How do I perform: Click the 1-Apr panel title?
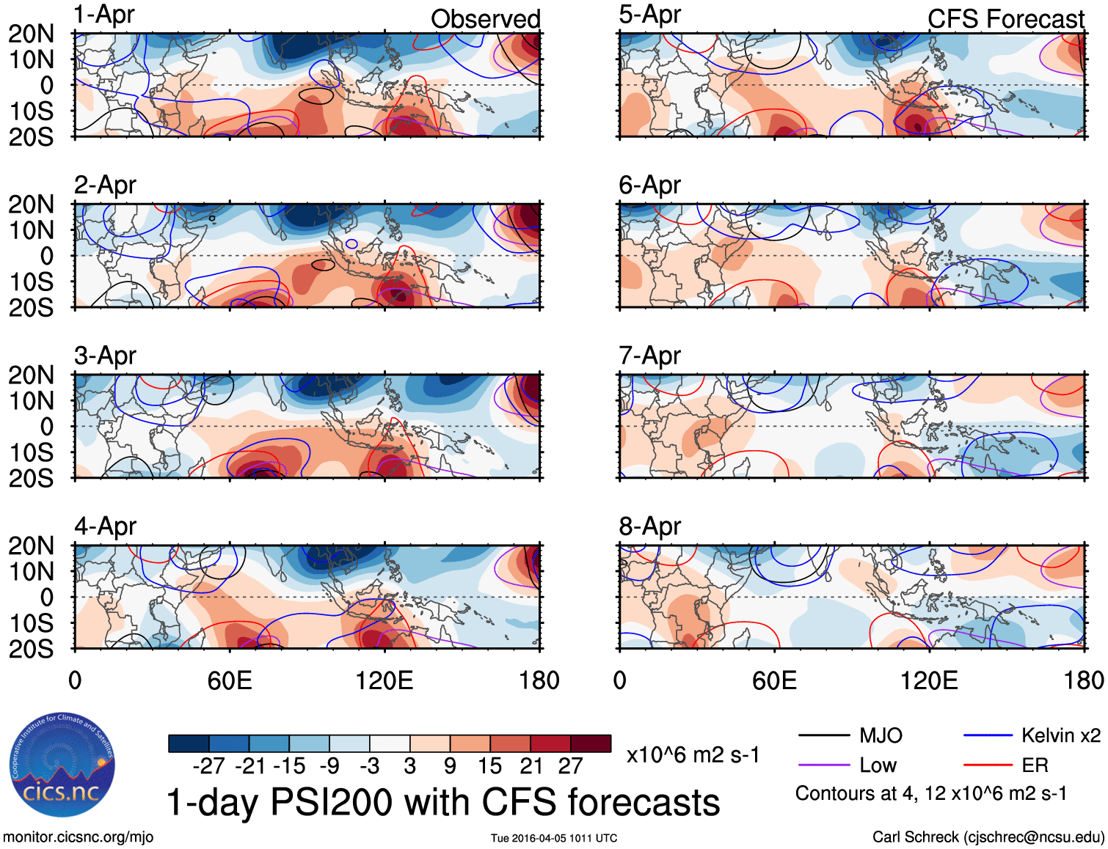104,15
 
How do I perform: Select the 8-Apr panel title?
649,526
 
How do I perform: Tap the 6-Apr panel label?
649,185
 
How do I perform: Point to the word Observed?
485,19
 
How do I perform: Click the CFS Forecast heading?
1005,19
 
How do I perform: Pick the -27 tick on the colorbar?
209,766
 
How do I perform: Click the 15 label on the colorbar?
490,766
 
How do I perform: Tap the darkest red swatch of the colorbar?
591,743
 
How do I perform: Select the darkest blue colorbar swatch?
189,743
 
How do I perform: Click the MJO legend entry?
881,735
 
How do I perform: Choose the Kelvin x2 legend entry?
1060,735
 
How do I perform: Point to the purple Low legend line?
823,765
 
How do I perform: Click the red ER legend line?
988,765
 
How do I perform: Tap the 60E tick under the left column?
230,680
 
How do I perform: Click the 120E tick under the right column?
929,680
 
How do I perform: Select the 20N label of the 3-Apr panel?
31,375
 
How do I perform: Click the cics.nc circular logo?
62,765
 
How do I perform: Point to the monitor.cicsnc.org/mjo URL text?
79,837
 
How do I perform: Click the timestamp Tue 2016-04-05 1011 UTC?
554,838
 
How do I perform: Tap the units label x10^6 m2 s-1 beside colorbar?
693,755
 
